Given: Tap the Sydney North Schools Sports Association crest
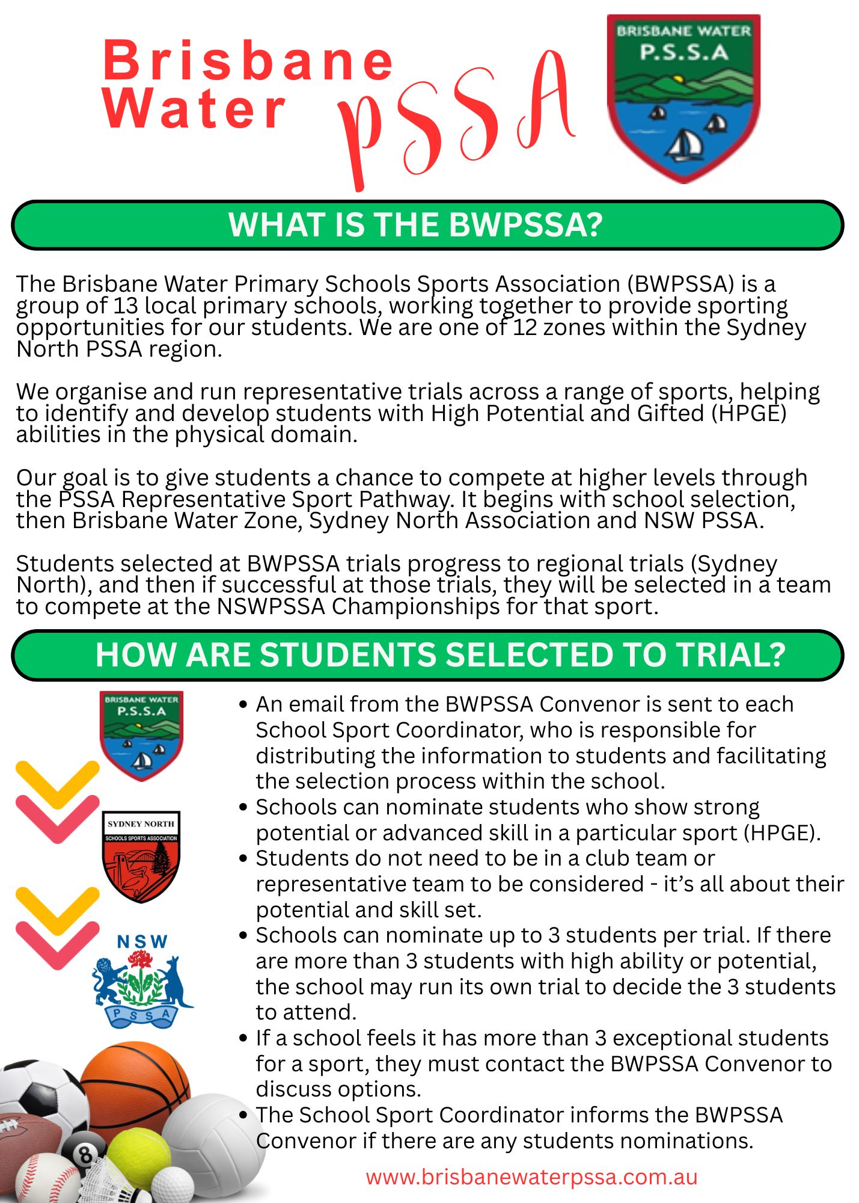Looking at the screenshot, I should point(141,856).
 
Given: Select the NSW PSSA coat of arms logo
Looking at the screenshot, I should point(142,981).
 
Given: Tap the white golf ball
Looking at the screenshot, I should point(172,1186).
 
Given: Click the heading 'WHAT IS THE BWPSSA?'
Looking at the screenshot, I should point(415,225).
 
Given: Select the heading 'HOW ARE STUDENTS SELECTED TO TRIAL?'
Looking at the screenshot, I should point(440,654).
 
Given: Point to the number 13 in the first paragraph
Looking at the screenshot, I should point(126,306).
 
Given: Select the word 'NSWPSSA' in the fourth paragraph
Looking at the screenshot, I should point(271,607).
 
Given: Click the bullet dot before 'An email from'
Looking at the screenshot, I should point(243,704).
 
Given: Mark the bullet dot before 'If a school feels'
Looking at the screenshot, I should point(243,1038).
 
